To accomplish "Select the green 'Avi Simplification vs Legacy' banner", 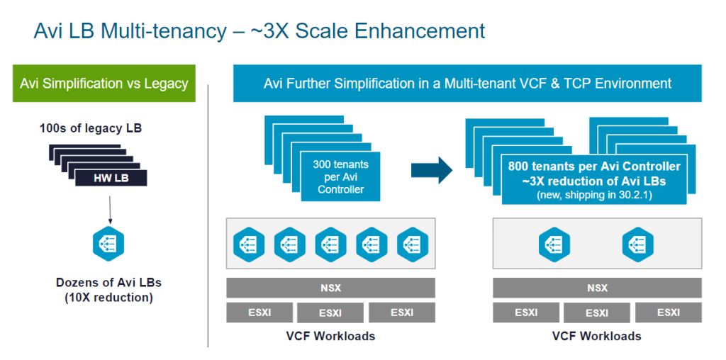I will [x=104, y=84].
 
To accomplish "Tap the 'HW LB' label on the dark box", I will [x=111, y=177].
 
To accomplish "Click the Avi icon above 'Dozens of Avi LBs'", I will [x=109, y=243].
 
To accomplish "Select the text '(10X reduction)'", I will [x=108, y=298].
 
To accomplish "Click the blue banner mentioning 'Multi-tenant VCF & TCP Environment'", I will [x=467, y=84].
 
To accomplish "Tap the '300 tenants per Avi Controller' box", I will [x=340, y=176].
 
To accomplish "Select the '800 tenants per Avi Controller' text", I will [x=594, y=167].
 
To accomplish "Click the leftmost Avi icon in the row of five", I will [x=248, y=244].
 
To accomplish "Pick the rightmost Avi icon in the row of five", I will [x=413, y=244].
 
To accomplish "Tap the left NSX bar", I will [x=330, y=288].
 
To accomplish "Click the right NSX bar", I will [x=597, y=288].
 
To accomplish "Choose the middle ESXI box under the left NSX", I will [x=330, y=313].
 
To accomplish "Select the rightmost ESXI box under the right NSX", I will [x=668, y=313].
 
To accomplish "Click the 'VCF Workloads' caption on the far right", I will [x=597, y=336].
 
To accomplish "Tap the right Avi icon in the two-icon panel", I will [x=638, y=244].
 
